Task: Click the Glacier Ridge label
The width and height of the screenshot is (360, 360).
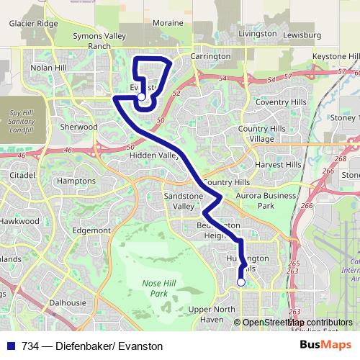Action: pyautogui.click(x=33, y=23)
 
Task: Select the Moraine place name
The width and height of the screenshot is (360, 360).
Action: pyautogui.click(x=168, y=23)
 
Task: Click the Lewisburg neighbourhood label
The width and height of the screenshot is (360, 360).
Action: pyautogui.click(x=302, y=35)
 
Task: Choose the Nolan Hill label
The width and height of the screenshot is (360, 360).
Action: pyautogui.click(x=48, y=68)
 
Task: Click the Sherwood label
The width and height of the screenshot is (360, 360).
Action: pyautogui.click(x=79, y=127)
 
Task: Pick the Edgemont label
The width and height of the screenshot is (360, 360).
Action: pyautogui.click(x=91, y=230)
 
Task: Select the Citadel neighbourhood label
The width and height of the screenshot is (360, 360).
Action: pyautogui.click(x=22, y=175)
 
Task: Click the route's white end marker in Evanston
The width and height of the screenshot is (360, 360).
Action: pyautogui.click(x=142, y=96)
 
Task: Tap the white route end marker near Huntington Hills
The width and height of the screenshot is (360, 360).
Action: pyautogui.click(x=240, y=282)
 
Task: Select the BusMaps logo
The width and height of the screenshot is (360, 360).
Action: pyautogui.click(x=326, y=346)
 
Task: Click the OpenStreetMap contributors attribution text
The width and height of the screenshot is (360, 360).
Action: pyautogui.click(x=296, y=323)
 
